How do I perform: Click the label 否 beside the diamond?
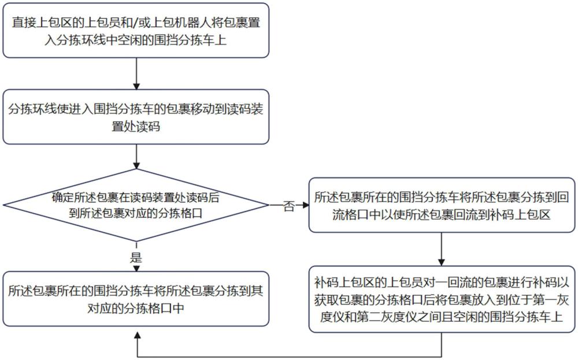click(x=288, y=206)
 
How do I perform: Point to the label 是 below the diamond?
click(x=137, y=258)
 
